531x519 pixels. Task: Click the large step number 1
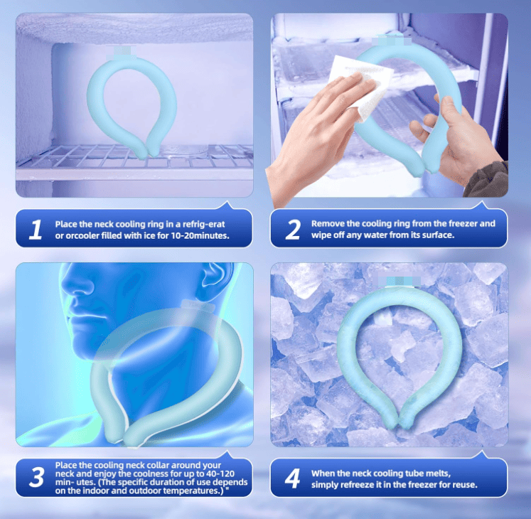pyautogui.click(x=36, y=230)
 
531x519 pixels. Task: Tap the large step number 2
pyautogui.click(x=293, y=230)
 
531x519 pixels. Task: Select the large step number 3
pyautogui.click(x=36, y=477)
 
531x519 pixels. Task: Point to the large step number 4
pyautogui.click(x=292, y=478)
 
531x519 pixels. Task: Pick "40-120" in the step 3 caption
pyautogui.click(x=220, y=473)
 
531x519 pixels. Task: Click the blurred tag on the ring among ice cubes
pyautogui.click(x=399, y=281)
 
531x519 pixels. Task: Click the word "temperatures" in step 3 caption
pyautogui.click(x=191, y=491)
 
